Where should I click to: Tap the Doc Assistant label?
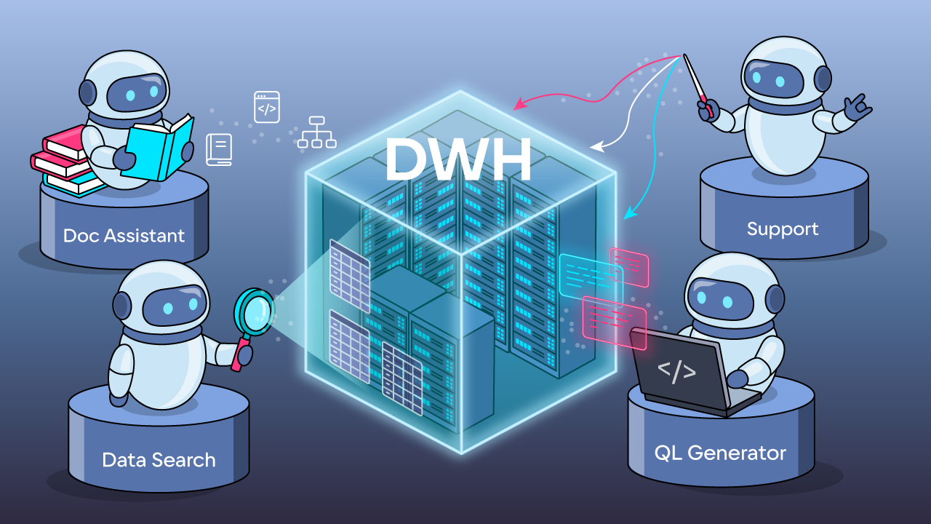[124, 235]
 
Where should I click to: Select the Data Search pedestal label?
[159, 460]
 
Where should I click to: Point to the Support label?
[783, 229]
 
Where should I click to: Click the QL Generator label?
[720, 453]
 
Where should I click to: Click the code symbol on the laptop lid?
[676, 371]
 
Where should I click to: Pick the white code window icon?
[267, 107]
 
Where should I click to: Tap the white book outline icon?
[219, 149]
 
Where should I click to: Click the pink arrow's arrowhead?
[519, 106]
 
